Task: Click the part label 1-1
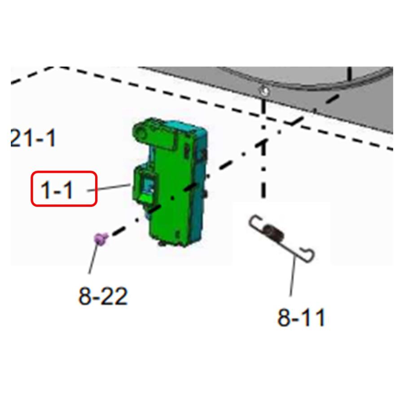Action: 57,190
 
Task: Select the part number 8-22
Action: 103,296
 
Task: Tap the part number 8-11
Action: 301,317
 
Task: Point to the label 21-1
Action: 33,138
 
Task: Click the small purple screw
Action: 101,239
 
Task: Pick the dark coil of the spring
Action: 274,233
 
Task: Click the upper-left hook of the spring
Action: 255,222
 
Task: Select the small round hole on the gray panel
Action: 264,91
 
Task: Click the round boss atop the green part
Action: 141,133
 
